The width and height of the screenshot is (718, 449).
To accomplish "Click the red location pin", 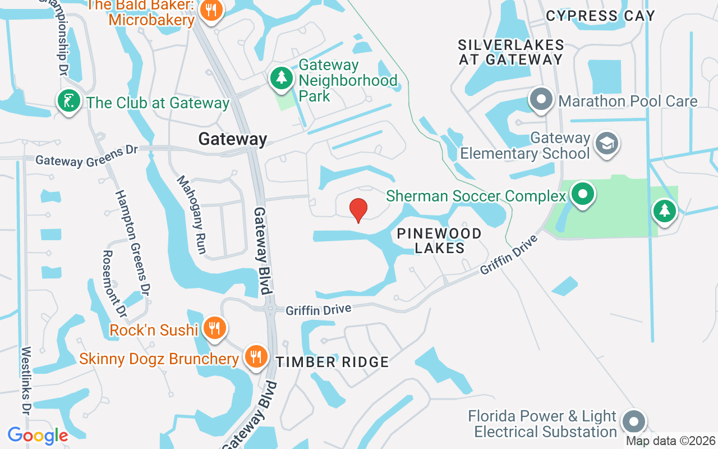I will [x=358, y=210].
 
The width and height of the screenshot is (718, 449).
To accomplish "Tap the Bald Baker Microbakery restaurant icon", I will [x=211, y=10].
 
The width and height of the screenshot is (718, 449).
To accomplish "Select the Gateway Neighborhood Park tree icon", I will [x=281, y=78].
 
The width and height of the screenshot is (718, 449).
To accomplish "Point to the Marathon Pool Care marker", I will [x=541, y=100].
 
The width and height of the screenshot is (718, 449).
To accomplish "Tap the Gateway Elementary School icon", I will [x=607, y=144].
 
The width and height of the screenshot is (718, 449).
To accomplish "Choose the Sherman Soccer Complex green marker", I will [x=583, y=195].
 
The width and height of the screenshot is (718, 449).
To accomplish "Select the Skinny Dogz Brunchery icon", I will [x=255, y=356].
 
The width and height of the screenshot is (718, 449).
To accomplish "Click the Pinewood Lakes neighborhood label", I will [x=439, y=240].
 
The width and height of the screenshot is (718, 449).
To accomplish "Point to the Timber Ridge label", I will [x=332, y=362].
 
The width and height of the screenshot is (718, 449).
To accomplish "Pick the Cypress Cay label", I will [x=600, y=16].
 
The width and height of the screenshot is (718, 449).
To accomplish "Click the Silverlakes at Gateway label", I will [x=510, y=52].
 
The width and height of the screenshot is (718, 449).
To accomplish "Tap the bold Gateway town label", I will [x=233, y=139].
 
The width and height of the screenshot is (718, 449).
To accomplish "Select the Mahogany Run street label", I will [x=192, y=214].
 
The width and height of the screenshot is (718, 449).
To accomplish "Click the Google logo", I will [x=38, y=435].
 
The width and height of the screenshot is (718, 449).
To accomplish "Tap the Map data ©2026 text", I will [x=671, y=441].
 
